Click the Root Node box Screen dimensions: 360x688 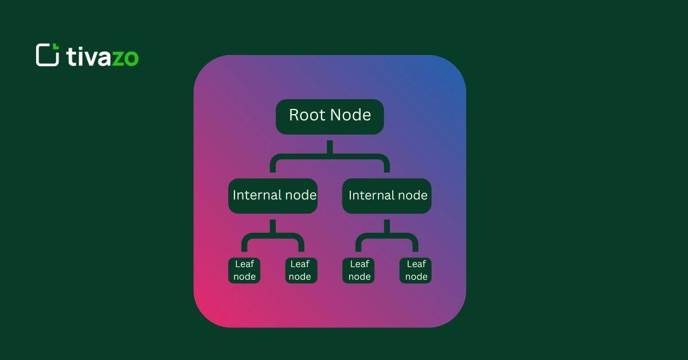pyautogui.click(x=330, y=117)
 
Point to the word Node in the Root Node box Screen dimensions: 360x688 pyautogui.click(x=351, y=115)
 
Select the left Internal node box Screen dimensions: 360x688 pyautogui.click(x=273, y=196)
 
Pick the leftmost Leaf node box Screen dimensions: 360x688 pyautogui.click(x=244, y=270)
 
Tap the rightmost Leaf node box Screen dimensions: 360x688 pyautogui.click(x=416, y=270)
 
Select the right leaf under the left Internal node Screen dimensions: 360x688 pyautogui.click(x=300, y=270)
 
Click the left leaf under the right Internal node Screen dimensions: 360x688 pyautogui.click(x=359, y=270)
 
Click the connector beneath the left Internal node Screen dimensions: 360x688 pyautogui.click(x=273, y=235)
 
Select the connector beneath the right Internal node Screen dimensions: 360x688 pyautogui.click(x=386, y=235)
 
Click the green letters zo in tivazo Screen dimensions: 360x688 pyautogui.click(x=125, y=57)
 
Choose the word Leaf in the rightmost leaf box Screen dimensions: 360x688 pyautogui.click(x=416, y=264)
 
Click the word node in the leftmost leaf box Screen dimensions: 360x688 pyautogui.click(x=244, y=277)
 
